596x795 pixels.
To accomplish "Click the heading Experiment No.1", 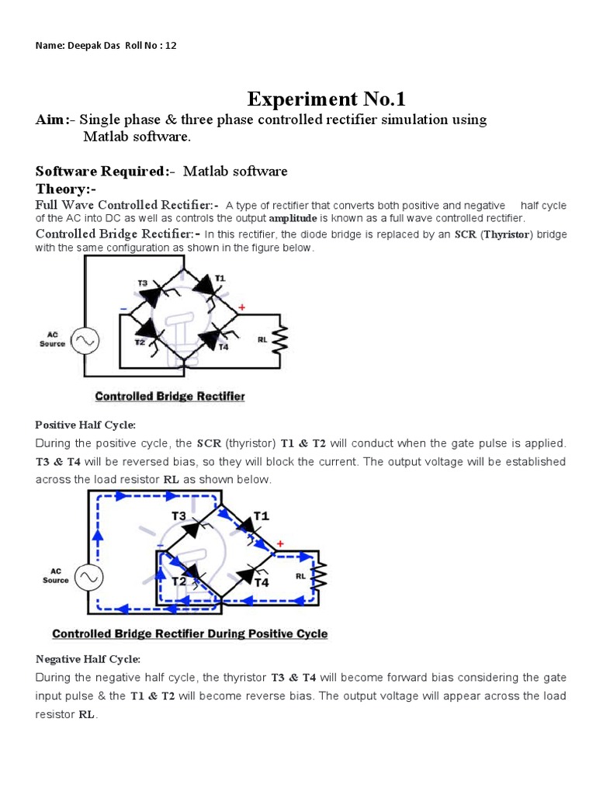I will point(326,99).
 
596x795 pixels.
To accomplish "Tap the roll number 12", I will point(171,45).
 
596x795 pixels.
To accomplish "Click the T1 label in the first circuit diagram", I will point(220,277).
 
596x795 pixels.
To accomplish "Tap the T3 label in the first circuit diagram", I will point(143,283).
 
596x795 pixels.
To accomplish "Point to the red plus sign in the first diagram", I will point(241,307).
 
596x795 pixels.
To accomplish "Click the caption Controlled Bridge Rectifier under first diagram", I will point(169,396).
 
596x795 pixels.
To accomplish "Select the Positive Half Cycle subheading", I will point(85,425).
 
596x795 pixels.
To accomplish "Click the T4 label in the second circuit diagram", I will point(262,581).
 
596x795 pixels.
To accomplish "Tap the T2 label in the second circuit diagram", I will point(179,581).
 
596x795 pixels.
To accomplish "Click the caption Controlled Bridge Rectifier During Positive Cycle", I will point(189,634).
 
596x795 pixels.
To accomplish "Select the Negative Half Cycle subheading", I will point(88,659).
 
